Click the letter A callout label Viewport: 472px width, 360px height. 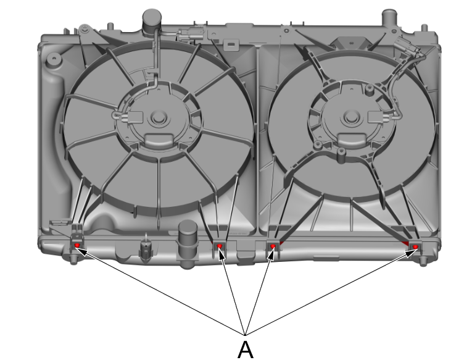tap(246, 350)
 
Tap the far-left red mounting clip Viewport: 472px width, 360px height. tap(77, 245)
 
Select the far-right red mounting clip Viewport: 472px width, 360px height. tap(415, 247)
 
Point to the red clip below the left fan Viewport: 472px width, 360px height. tap(220, 246)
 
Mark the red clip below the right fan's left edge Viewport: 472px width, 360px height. tap(273, 246)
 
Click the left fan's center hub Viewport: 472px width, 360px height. tap(158, 117)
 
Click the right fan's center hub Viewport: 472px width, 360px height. tap(351, 117)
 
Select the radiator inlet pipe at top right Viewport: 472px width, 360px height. tap(390, 19)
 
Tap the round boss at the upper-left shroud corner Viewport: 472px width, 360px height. tap(54, 59)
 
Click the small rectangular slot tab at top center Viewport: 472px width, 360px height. tap(231, 44)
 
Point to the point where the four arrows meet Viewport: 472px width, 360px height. tap(246, 335)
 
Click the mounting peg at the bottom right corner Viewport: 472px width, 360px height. tap(423, 261)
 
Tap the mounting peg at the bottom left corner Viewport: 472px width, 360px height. tap(73, 259)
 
